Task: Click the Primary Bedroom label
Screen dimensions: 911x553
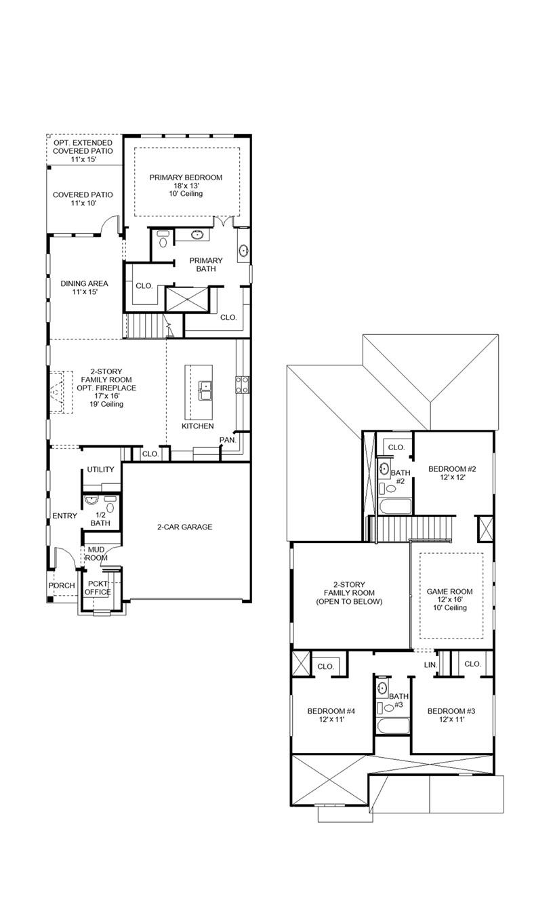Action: (186, 178)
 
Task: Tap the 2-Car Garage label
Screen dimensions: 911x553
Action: (184, 527)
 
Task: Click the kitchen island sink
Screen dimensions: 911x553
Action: (205, 388)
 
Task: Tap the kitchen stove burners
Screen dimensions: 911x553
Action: (242, 386)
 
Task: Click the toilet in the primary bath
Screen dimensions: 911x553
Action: (163, 240)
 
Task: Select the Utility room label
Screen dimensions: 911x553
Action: (100, 470)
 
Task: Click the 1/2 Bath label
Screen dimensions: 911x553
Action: (100, 519)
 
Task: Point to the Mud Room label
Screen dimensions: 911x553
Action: (96, 553)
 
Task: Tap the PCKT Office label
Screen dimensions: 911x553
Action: (97, 587)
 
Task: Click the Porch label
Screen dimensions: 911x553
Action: (62, 586)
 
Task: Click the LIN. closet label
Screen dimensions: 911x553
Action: (430, 665)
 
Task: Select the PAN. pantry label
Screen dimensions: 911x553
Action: (226, 440)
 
